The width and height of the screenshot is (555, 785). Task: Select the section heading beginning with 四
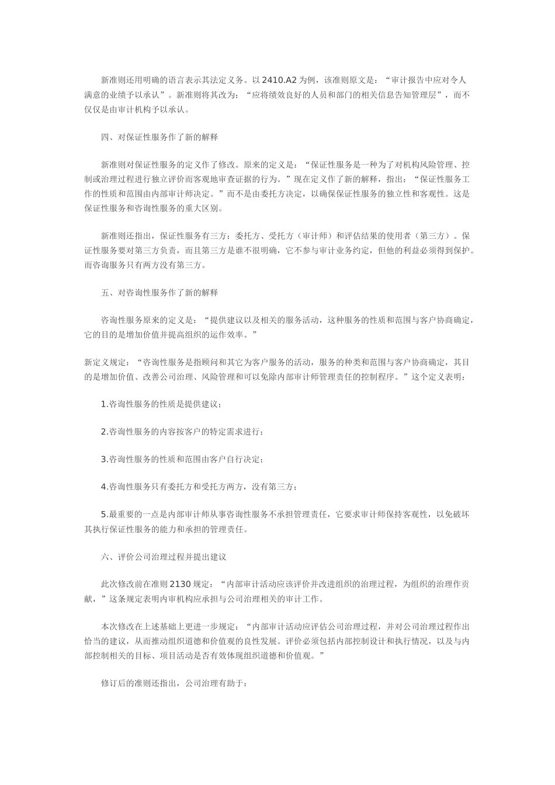[x=159, y=137]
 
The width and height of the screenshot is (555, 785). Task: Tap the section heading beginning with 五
[x=159, y=292]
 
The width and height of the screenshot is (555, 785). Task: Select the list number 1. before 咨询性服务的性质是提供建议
[x=105, y=404]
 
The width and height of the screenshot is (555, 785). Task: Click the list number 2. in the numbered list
[x=105, y=432]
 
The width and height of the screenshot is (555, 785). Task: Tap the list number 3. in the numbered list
[x=105, y=459]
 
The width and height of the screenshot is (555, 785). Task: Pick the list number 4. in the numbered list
[x=105, y=487]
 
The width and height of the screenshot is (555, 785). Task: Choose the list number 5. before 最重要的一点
[x=105, y=514]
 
